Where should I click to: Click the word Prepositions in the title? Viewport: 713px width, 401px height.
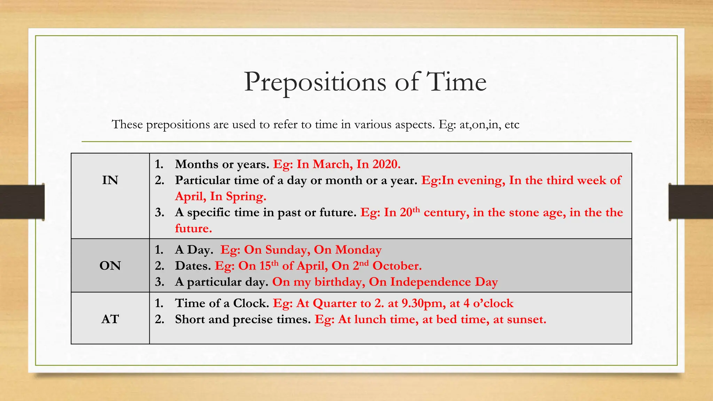[x=315, y=82]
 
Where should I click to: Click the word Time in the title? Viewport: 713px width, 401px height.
[x=456, y=82]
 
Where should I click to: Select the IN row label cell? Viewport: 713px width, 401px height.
[x=110, y=180]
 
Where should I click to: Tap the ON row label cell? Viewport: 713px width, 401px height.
[x=110, y=266]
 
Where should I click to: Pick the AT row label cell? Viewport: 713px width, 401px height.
[x=110, y=319]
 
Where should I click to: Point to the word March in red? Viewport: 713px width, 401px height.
[x=331, y=164]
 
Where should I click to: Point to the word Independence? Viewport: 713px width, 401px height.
[x=430, y=282]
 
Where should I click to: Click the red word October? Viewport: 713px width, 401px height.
[x=397, y=266]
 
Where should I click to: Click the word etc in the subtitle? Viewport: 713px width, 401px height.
[x=512, y=125]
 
